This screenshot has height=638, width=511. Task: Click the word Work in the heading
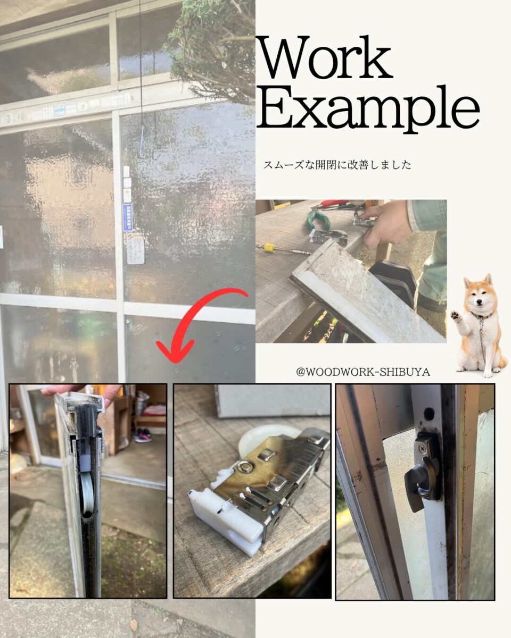tap(325, 57)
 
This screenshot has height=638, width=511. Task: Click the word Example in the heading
tap(368, 110)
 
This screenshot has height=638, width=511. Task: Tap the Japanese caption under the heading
tap(337, 165)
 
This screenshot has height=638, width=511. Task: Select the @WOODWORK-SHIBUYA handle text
tap(363, 372)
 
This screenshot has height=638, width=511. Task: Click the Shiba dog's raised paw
tap(456, 316)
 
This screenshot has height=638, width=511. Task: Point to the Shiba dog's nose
tap(478, 302)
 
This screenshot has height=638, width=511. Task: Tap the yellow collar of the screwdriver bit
tap(269, 247)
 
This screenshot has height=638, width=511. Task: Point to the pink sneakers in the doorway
tap(143, 435)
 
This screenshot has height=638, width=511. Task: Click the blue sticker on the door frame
tap(127, 217)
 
